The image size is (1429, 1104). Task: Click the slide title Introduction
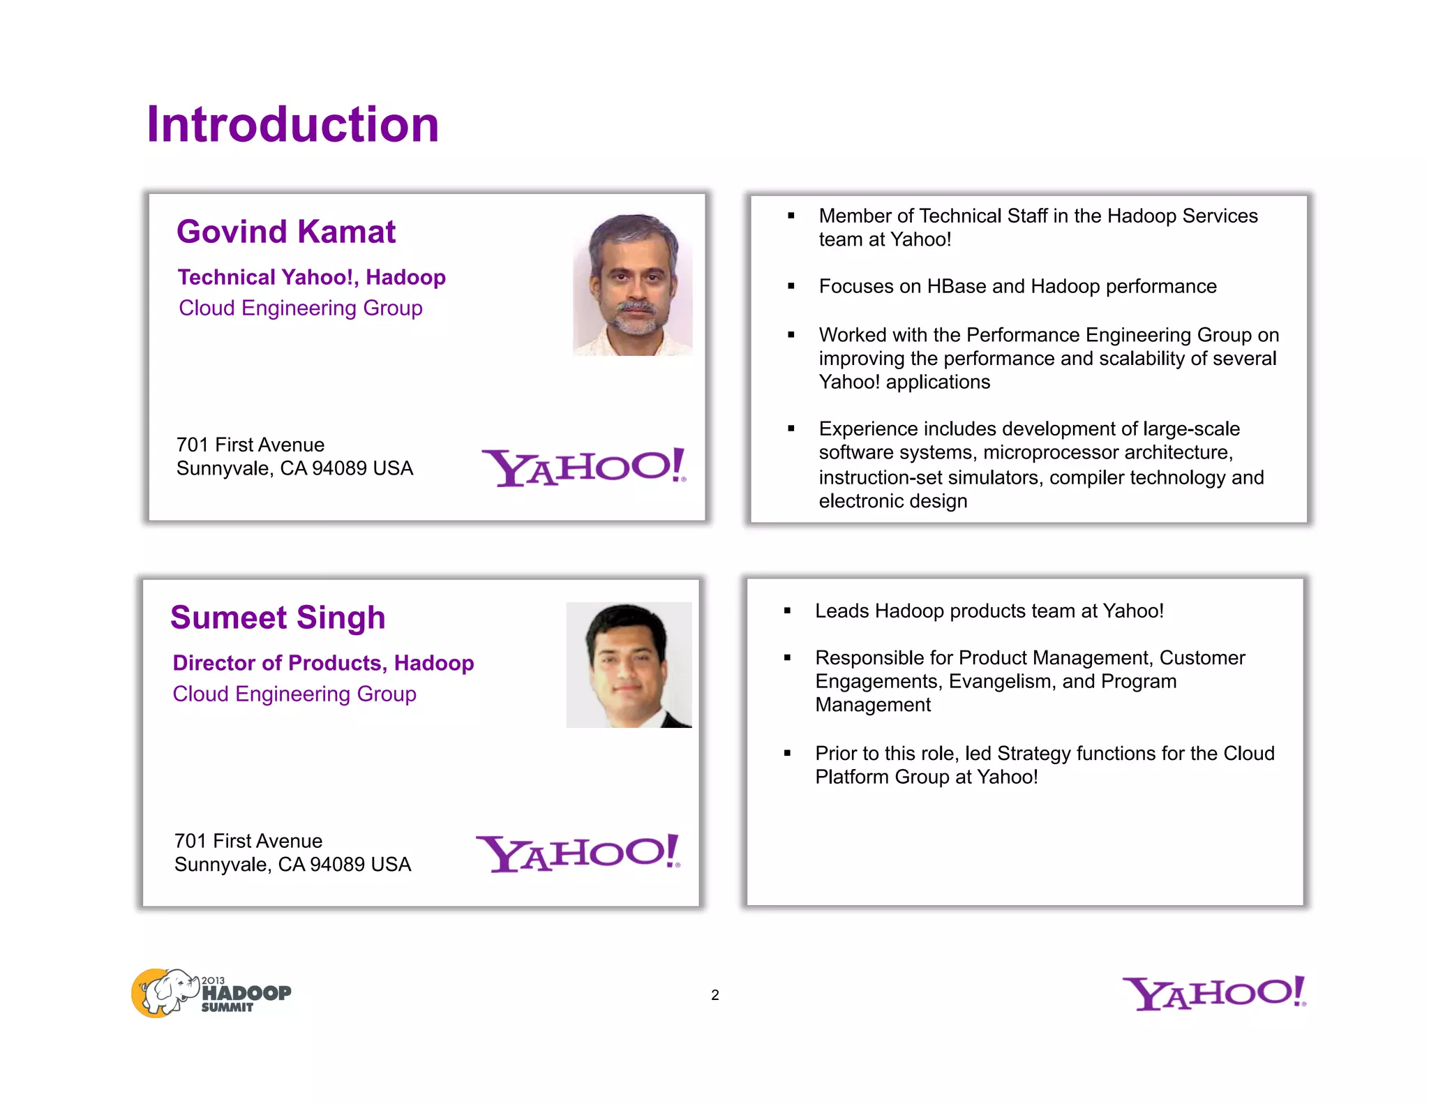292,125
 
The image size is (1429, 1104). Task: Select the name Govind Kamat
285,232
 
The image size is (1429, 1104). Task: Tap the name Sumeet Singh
278,618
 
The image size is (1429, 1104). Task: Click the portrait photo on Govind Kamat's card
632,285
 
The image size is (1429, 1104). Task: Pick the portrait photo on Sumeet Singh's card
629,664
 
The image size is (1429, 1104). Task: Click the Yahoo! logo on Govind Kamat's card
584,467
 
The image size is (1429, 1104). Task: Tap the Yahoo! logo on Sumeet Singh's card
578,853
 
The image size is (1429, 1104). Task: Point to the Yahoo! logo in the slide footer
1213,993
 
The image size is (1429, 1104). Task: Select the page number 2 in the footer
714,995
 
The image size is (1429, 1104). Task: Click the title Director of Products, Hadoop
323,663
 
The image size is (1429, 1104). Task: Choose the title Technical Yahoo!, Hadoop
311,277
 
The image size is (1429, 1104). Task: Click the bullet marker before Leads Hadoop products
787,611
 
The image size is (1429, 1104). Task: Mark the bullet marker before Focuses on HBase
791,286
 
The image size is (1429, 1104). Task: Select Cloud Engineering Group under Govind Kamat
300,308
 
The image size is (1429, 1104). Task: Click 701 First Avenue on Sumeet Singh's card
248,841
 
